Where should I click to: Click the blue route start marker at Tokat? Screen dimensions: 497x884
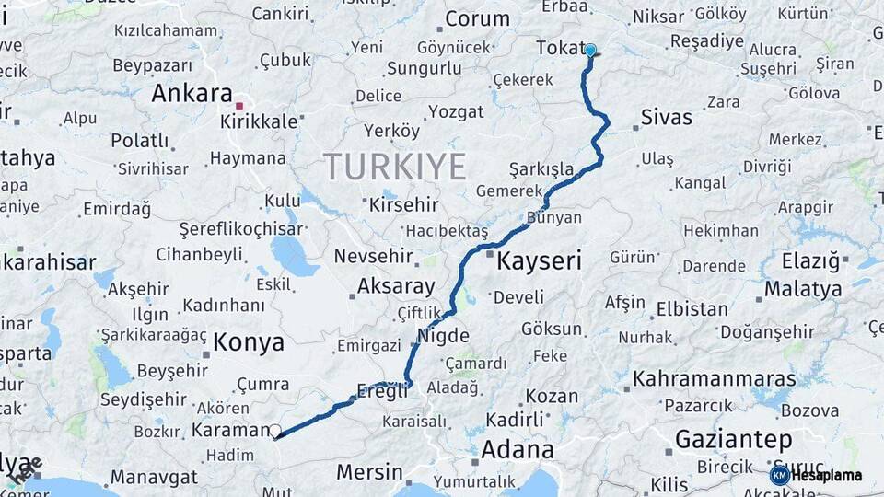click(590, 51)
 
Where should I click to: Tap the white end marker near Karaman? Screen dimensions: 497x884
click(274, 430)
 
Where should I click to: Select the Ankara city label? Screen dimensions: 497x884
click(192, 94)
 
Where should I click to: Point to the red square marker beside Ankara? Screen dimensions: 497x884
click(239, 106)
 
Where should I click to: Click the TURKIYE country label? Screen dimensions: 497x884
click(394, 167)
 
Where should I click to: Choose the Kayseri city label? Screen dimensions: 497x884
click(539, 262)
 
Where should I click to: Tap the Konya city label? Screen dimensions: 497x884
click(249, 343)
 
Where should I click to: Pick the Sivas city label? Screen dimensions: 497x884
click(666, 118)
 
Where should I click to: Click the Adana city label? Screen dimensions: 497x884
click(517, 450)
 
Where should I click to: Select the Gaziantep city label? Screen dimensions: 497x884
click(734, 440)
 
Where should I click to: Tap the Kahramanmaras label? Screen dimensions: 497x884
click(714, 379)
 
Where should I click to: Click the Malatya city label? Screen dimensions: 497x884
click(803, 289)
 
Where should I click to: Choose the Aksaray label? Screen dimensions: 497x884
click(395, 286)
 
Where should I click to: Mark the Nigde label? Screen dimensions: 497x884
click(444, 336)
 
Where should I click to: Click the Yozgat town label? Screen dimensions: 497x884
click(455, 112)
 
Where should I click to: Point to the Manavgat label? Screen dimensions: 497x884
click(155, 478)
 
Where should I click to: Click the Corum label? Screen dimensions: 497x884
click(477, 18)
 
